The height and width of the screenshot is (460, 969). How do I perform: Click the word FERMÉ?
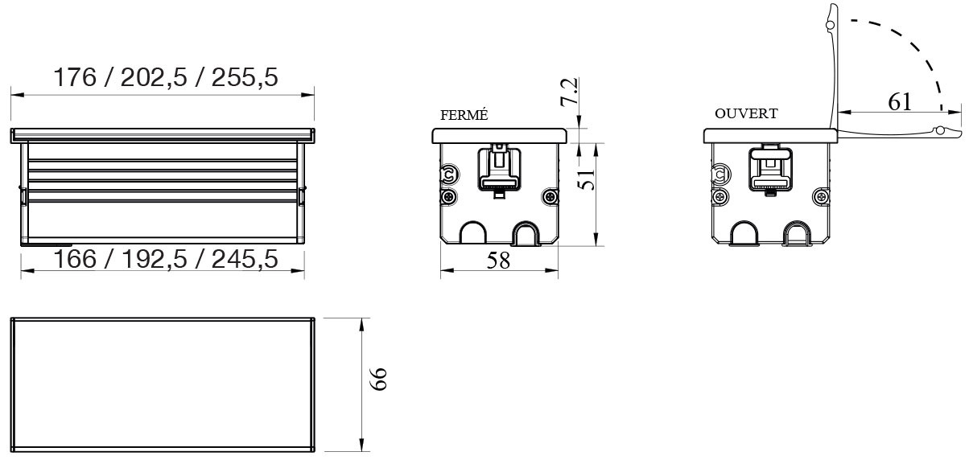(464, 115)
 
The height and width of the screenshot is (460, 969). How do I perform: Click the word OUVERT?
(746, 114)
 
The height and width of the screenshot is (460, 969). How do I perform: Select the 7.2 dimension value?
(570, 92)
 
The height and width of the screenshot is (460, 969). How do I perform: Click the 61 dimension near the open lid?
(900, 101)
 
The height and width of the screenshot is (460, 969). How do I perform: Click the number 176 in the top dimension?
(75, 78)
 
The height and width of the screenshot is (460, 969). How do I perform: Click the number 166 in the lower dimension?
(75, 259)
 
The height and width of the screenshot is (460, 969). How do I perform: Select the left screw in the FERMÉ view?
(448, 196)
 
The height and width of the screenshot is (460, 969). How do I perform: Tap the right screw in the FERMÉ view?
(550, 196)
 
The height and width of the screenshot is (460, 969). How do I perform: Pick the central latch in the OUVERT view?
(769, 172)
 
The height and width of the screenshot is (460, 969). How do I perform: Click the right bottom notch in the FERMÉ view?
(526, 234)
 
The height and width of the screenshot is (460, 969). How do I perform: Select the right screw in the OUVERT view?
(821, 195)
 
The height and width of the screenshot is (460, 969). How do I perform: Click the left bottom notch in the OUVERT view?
(743, 234)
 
